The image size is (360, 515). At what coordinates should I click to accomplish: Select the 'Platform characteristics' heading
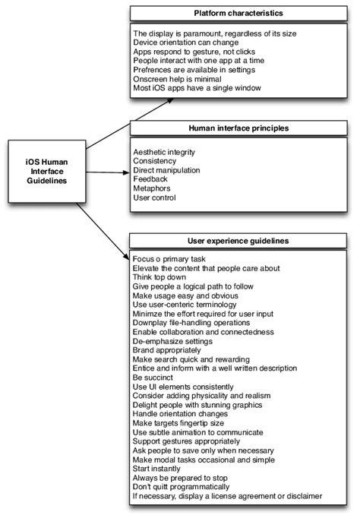click(x=238, y=13)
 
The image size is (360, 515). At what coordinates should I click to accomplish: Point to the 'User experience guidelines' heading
click(x=238, y=241)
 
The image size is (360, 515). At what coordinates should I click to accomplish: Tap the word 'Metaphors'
click(x=153, y=188)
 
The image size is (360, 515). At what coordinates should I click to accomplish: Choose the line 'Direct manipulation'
click(x=167, y=169)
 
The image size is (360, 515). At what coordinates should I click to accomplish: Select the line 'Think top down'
click(x=160, y=277)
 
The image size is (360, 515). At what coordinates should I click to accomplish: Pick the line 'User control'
click(x=154, y=198)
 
